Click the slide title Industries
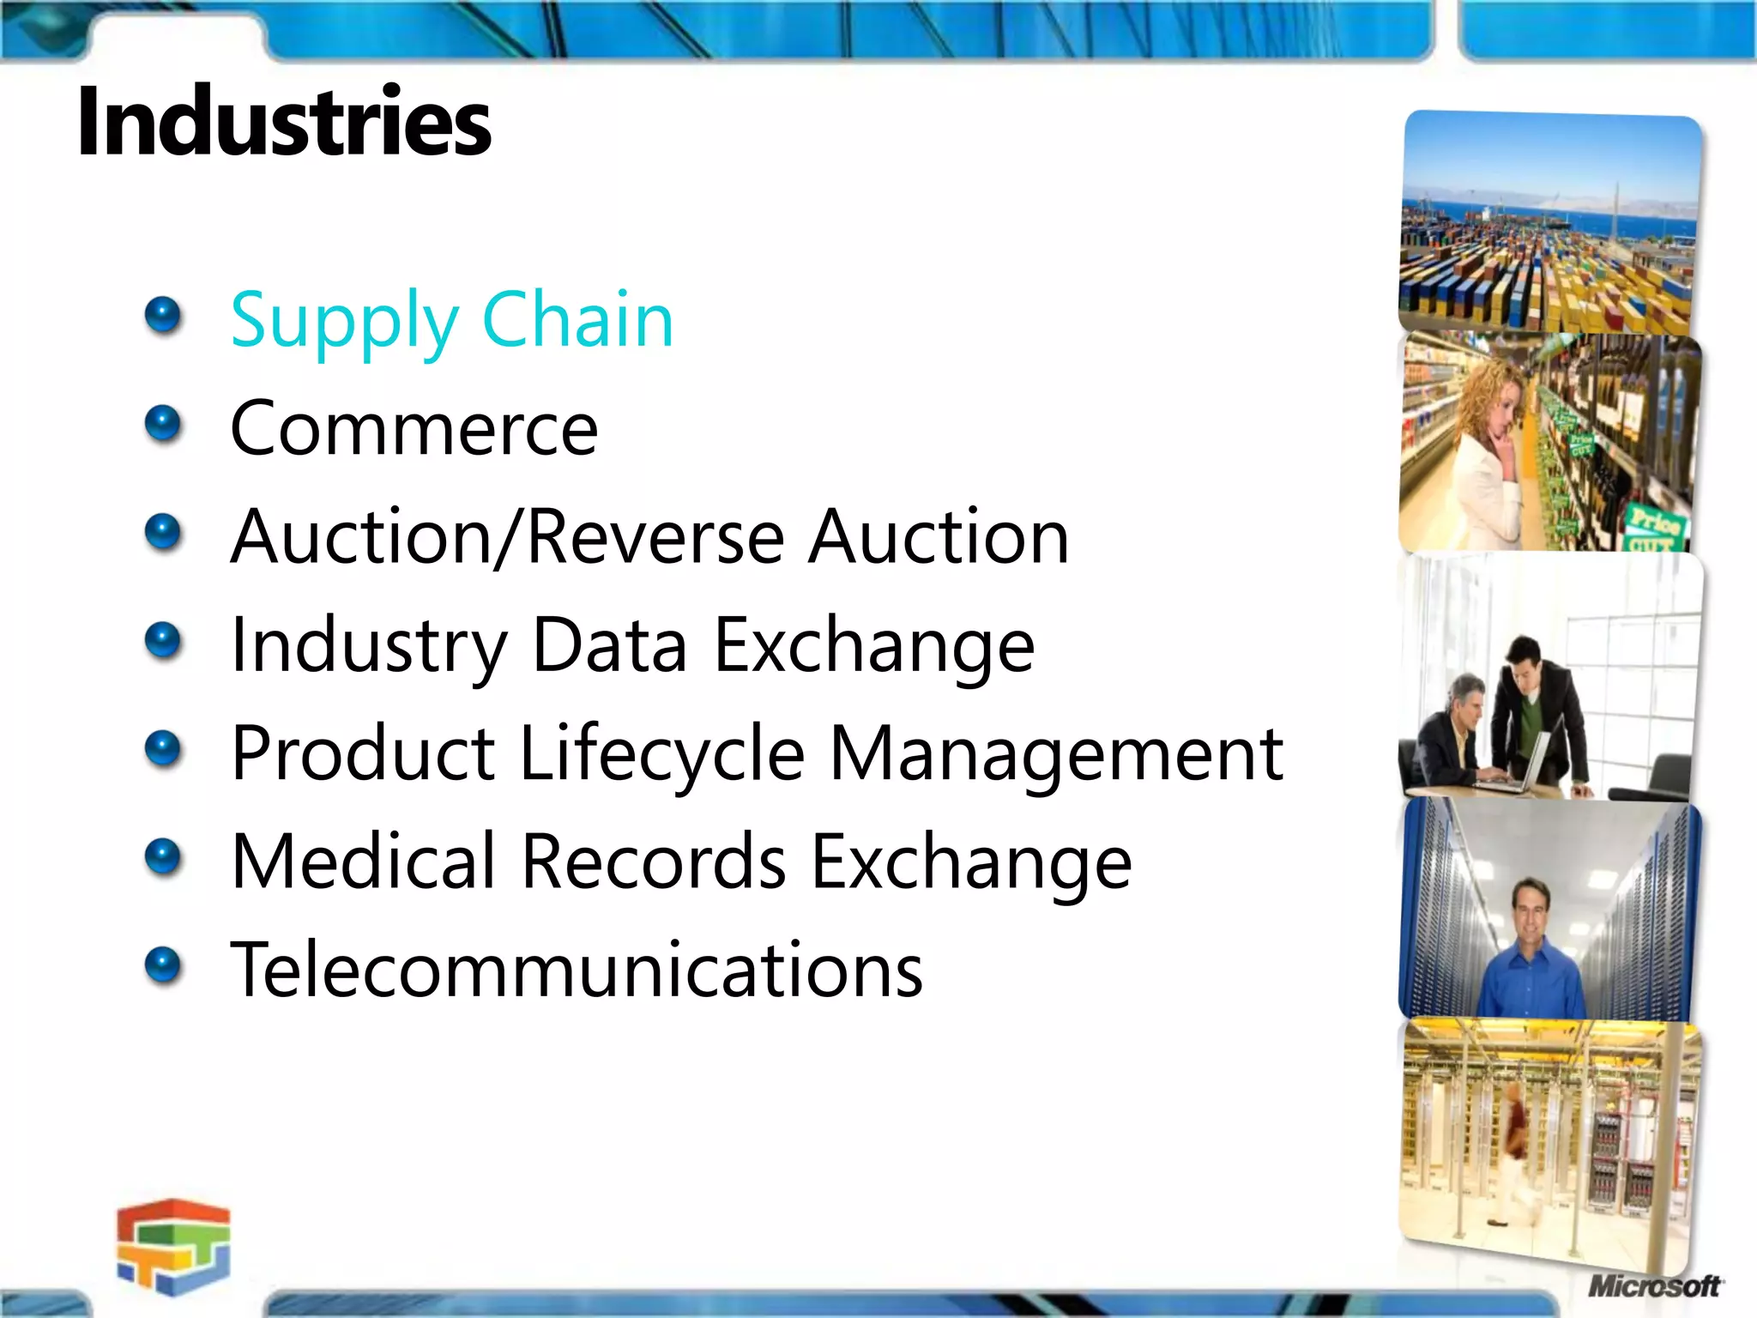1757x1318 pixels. (x=283, y=122)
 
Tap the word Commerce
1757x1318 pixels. (x=414, y=428)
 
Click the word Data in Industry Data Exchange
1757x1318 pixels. (x=610, y=645)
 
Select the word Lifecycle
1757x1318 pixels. (x=661, y=754)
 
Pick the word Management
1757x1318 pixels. (x=1056, y=754)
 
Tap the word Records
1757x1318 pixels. (x=654, y=862)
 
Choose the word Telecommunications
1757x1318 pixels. (x=577, y=970)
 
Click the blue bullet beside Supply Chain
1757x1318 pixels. (x=163, y=316)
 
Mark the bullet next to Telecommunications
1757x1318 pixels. (x=163, y=966)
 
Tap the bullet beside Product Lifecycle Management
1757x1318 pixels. (x=163, y=749)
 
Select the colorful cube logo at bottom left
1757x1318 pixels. (x=174, y=1246)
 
